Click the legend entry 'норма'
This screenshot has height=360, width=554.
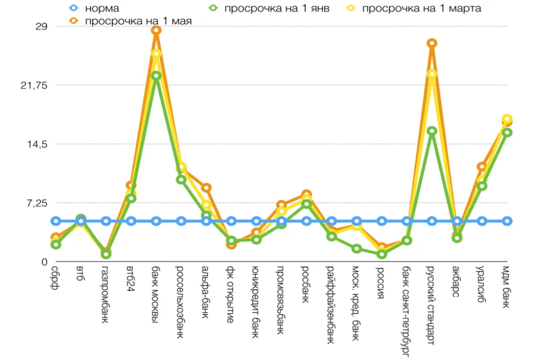pos(102,8)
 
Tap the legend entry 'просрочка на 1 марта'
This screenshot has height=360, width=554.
pos(421,8)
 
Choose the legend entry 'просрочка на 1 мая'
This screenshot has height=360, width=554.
pos(138,21)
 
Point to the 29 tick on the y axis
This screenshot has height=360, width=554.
pos(42,26)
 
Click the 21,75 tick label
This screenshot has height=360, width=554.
pos(35,85)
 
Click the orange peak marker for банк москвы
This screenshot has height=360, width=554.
pos(156,30)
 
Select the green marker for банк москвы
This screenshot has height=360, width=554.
pos(156,76)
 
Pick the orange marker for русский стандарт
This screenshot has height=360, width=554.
pos(432,43)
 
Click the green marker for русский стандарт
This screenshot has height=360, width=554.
pos(432,131)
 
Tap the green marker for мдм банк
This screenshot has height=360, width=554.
pos(507,132)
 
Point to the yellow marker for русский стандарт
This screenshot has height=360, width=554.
pos(432,74)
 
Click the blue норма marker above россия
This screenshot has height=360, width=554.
pos(381,221)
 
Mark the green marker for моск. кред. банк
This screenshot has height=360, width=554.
pos(357,249)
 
